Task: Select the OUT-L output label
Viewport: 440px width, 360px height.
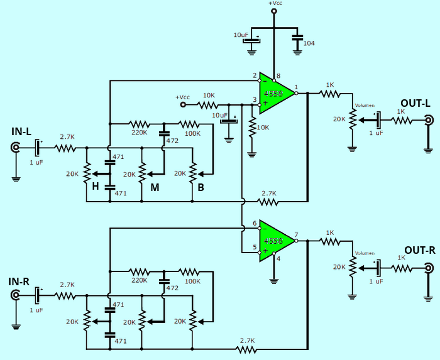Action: point(414,102)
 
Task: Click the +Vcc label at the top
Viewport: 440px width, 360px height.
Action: point(275,4)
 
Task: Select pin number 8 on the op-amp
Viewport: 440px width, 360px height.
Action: point(278,75)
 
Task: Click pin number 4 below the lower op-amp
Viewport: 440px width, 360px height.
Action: point(278,258)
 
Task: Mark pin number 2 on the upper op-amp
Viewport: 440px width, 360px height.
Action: point(255,76)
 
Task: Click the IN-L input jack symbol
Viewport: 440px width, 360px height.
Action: point(15,149)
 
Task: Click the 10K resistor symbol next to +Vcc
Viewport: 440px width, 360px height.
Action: point(208,104)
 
